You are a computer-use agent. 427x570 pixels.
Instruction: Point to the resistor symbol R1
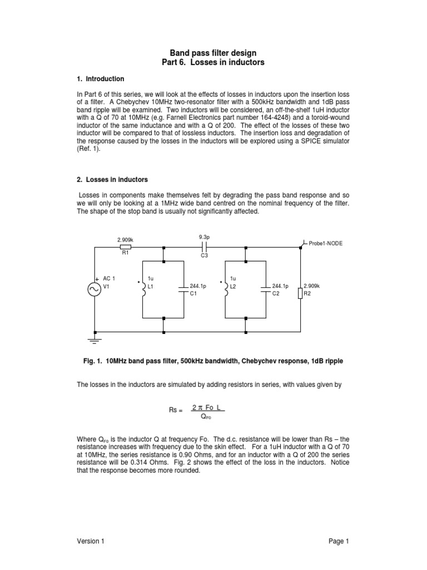point(126,246)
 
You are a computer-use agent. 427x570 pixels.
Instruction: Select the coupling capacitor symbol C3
point(204,246)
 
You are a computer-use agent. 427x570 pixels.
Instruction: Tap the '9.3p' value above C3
point(204,237)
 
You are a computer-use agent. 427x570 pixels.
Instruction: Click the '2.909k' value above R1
point(125,239)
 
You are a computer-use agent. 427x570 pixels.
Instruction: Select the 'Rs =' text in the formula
point(176,410)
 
